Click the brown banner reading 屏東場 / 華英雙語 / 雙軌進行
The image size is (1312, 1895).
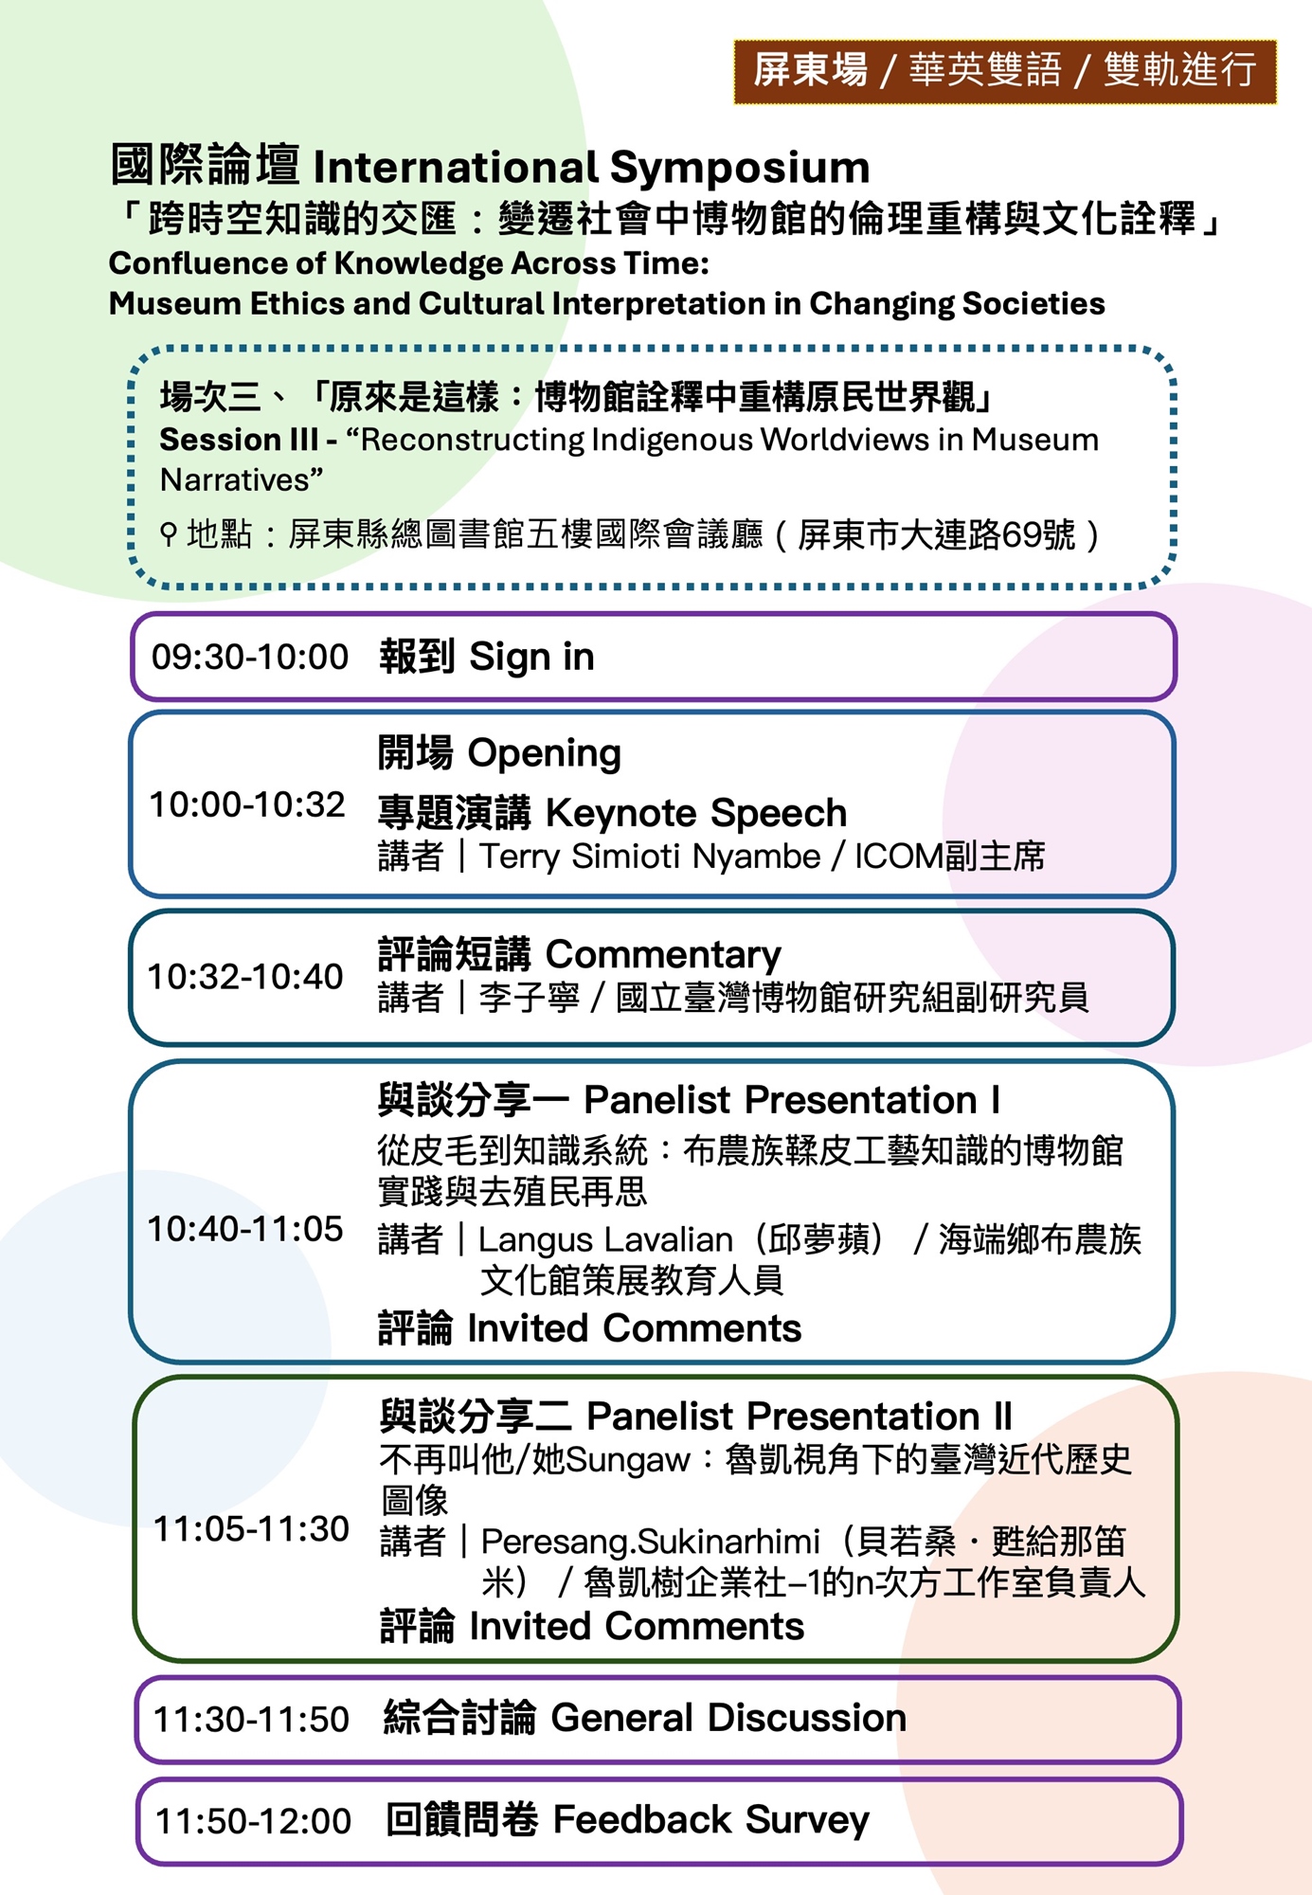point(1005,71)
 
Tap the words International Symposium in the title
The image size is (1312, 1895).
point(591,168)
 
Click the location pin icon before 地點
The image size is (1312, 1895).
point(169,535)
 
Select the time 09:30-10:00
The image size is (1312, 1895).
point(250,657)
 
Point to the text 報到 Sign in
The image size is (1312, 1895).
point(487,657)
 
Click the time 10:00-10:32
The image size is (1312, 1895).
point(247,804)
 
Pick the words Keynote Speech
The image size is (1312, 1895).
point(696,813)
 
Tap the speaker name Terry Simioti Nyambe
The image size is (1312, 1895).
point(650,857)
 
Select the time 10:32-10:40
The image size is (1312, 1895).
point(245,977)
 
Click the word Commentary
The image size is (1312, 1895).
point(664,955)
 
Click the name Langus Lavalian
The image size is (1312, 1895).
point(605,1239)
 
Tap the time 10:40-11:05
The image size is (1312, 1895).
point(245,1229)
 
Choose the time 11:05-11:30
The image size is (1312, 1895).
point(251,1528)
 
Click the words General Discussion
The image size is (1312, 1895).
point(728,1718)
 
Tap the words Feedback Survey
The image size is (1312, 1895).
point(710,1820)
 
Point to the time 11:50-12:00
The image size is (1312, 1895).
point(253,1821)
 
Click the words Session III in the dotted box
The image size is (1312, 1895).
point(239,440)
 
